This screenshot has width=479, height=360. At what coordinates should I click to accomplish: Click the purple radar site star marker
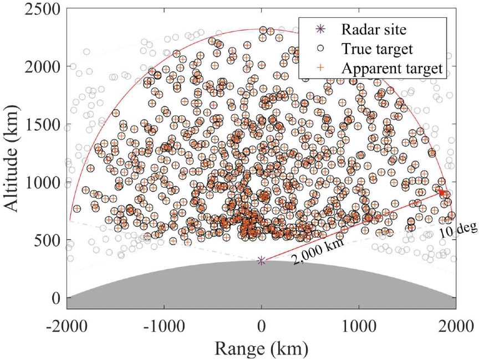pos(261,260)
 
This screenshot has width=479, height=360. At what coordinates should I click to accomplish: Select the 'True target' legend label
pos(377,49)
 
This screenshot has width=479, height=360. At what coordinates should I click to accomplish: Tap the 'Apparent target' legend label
pos(392,68)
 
